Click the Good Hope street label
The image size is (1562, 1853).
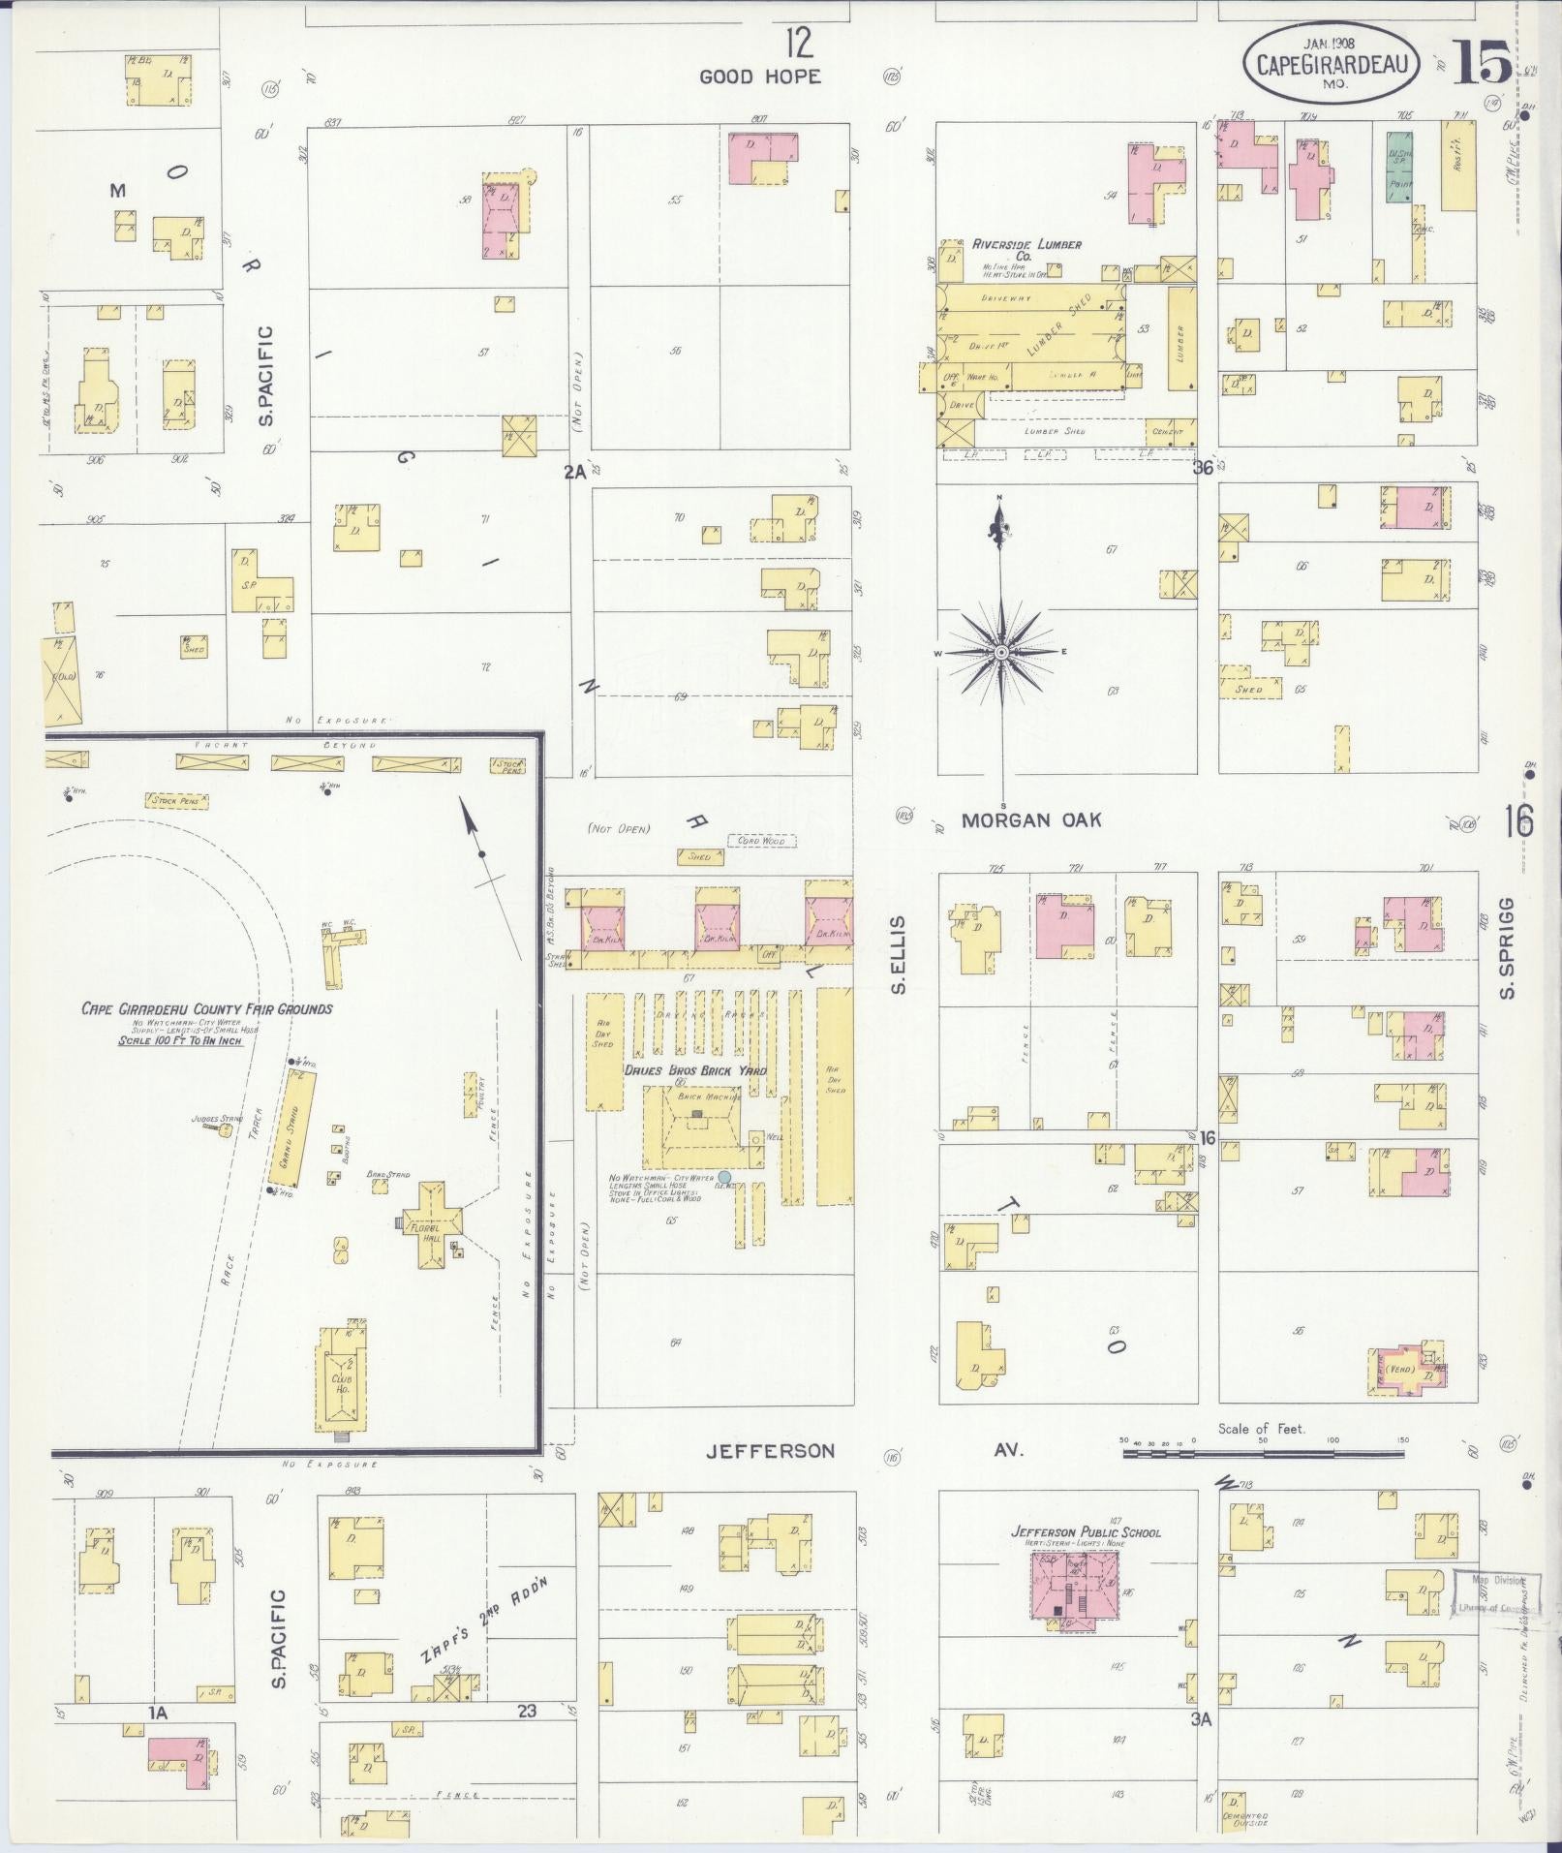[x=759, y=77]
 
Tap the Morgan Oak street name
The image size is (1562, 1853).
[x=1031, y=820]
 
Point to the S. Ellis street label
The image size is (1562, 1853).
[x=898, y=954]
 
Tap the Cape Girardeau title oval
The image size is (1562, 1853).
[x=1331, y=62]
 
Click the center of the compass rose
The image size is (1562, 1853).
[x=1001, y=654]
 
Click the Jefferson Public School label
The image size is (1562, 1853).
[x=1085, y=1532]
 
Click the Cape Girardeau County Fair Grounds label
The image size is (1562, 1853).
[x=206, y=1008]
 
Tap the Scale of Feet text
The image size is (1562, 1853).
[x=1261, y=1428]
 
